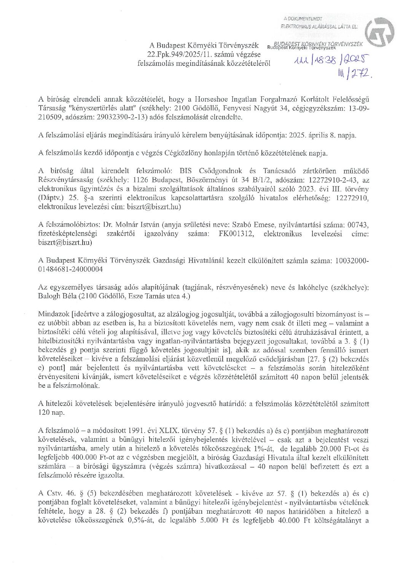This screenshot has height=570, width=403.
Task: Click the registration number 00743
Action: point(359,224)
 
